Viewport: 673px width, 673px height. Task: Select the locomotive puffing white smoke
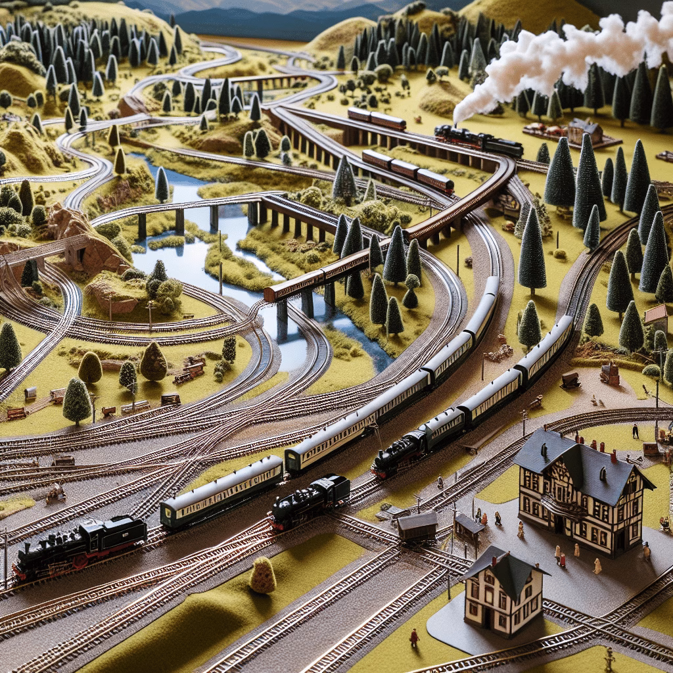point(478,139)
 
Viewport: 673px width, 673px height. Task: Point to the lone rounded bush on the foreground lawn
point(263,576)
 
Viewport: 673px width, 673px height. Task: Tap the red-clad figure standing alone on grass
point(414,636)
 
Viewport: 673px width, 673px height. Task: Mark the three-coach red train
point(407,170)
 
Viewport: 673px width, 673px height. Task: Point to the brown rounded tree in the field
point(153,361)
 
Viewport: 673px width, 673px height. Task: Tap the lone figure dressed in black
point(635,431)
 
